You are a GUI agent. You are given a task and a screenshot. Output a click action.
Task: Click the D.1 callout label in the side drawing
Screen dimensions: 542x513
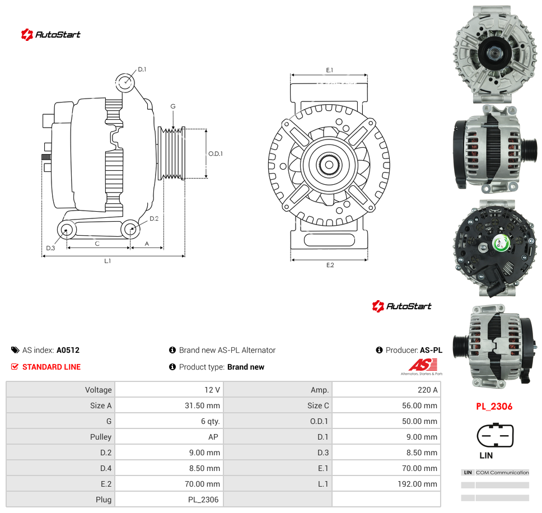click(142, 69)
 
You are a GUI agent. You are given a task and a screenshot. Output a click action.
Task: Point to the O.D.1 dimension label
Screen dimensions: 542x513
click(216, 153)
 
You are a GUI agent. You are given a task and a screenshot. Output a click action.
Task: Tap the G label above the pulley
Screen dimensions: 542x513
click(173, 106)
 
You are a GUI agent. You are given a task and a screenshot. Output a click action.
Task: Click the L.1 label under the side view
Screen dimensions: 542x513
click(108, 261)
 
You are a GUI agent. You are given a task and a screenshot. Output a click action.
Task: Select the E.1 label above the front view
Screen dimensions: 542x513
click(329, 70)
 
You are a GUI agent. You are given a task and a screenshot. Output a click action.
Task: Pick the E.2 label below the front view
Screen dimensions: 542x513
click(330, 265)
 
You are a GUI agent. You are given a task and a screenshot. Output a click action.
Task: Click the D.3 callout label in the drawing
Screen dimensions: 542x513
click(50, 248)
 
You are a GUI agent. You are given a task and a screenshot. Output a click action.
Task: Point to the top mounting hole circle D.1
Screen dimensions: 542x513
click(125, 82)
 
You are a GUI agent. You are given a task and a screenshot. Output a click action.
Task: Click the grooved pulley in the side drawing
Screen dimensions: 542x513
click(171, 153)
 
